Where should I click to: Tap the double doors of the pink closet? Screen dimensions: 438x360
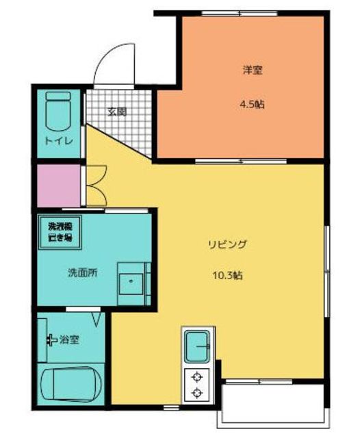[x=95, y=186]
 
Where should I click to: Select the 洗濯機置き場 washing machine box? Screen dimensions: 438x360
[x=60, y=231]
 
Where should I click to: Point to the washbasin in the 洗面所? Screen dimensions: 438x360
[x=129, y=281]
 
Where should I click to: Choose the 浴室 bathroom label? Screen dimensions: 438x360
[x=69, y=339]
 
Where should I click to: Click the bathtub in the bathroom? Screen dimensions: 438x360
[x=70, y=384]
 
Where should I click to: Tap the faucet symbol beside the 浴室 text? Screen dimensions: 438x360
[x=51, y=339]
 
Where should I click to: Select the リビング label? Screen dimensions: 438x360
[x=227, y=244]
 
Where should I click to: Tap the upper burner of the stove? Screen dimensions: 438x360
[x=198, y=376]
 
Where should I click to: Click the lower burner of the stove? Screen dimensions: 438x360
[x=198, y=393]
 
